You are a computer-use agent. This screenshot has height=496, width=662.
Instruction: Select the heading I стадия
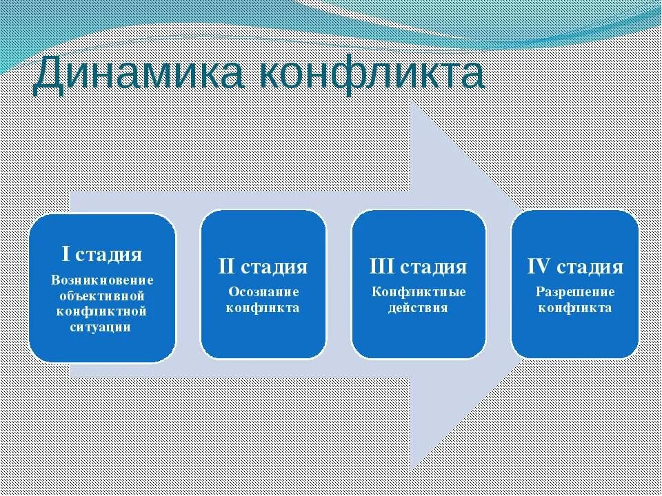[x=102, y=254]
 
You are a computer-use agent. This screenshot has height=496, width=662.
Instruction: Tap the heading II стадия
[x=263, y=267]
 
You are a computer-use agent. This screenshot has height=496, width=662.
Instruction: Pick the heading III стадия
[x=419, y=267]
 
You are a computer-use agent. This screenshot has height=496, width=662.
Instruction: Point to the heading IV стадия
[x=575, y=267]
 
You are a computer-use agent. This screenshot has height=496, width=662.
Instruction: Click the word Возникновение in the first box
[x=102, y=280]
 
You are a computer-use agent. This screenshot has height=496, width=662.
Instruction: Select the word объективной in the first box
[x=102, y=296]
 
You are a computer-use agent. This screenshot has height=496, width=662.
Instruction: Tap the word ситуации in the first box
[x=102, y=327]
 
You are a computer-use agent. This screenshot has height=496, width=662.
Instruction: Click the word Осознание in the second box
[x=263, y=291]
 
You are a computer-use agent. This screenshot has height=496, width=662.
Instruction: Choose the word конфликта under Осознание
[x=263, y=307]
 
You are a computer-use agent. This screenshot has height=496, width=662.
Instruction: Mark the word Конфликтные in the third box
[x=419, y=291]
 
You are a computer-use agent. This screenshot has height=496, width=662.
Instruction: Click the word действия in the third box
[x=419, y=308]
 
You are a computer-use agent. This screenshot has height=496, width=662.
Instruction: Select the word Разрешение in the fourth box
[x=575, y=291]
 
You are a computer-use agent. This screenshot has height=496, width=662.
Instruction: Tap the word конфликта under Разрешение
[x=575, y=308]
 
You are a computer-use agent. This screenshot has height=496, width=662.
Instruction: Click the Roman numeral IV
[x=539, y=267]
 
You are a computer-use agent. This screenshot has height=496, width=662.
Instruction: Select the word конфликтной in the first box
[x=102, y=311]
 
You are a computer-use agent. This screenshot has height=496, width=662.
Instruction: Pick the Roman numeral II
[x=228, y=267]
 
